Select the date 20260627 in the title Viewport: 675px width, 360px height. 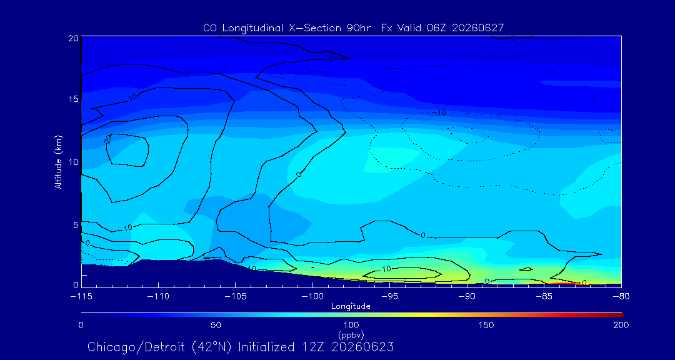[x=478, y=28]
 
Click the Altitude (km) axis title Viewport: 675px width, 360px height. [x=58, y=162]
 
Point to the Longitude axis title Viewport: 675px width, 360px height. [x=351, y=307]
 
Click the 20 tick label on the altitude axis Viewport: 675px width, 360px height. [x=72, y=38]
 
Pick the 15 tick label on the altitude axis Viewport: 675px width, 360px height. [x=72, y=99]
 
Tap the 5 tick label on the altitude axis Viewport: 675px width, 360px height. [x=75, y=225]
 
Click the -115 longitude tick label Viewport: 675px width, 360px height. [x=81, y=296]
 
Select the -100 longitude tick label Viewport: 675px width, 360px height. [x=312, y=296]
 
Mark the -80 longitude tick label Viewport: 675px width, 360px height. [x=621, y=296]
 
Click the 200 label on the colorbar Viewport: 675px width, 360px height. [x=621, y=325]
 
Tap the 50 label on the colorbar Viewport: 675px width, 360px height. [x=216, y=325]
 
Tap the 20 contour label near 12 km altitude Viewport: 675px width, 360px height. [x=108, y=139]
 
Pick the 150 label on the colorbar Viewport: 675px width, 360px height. [x=486, y=325]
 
